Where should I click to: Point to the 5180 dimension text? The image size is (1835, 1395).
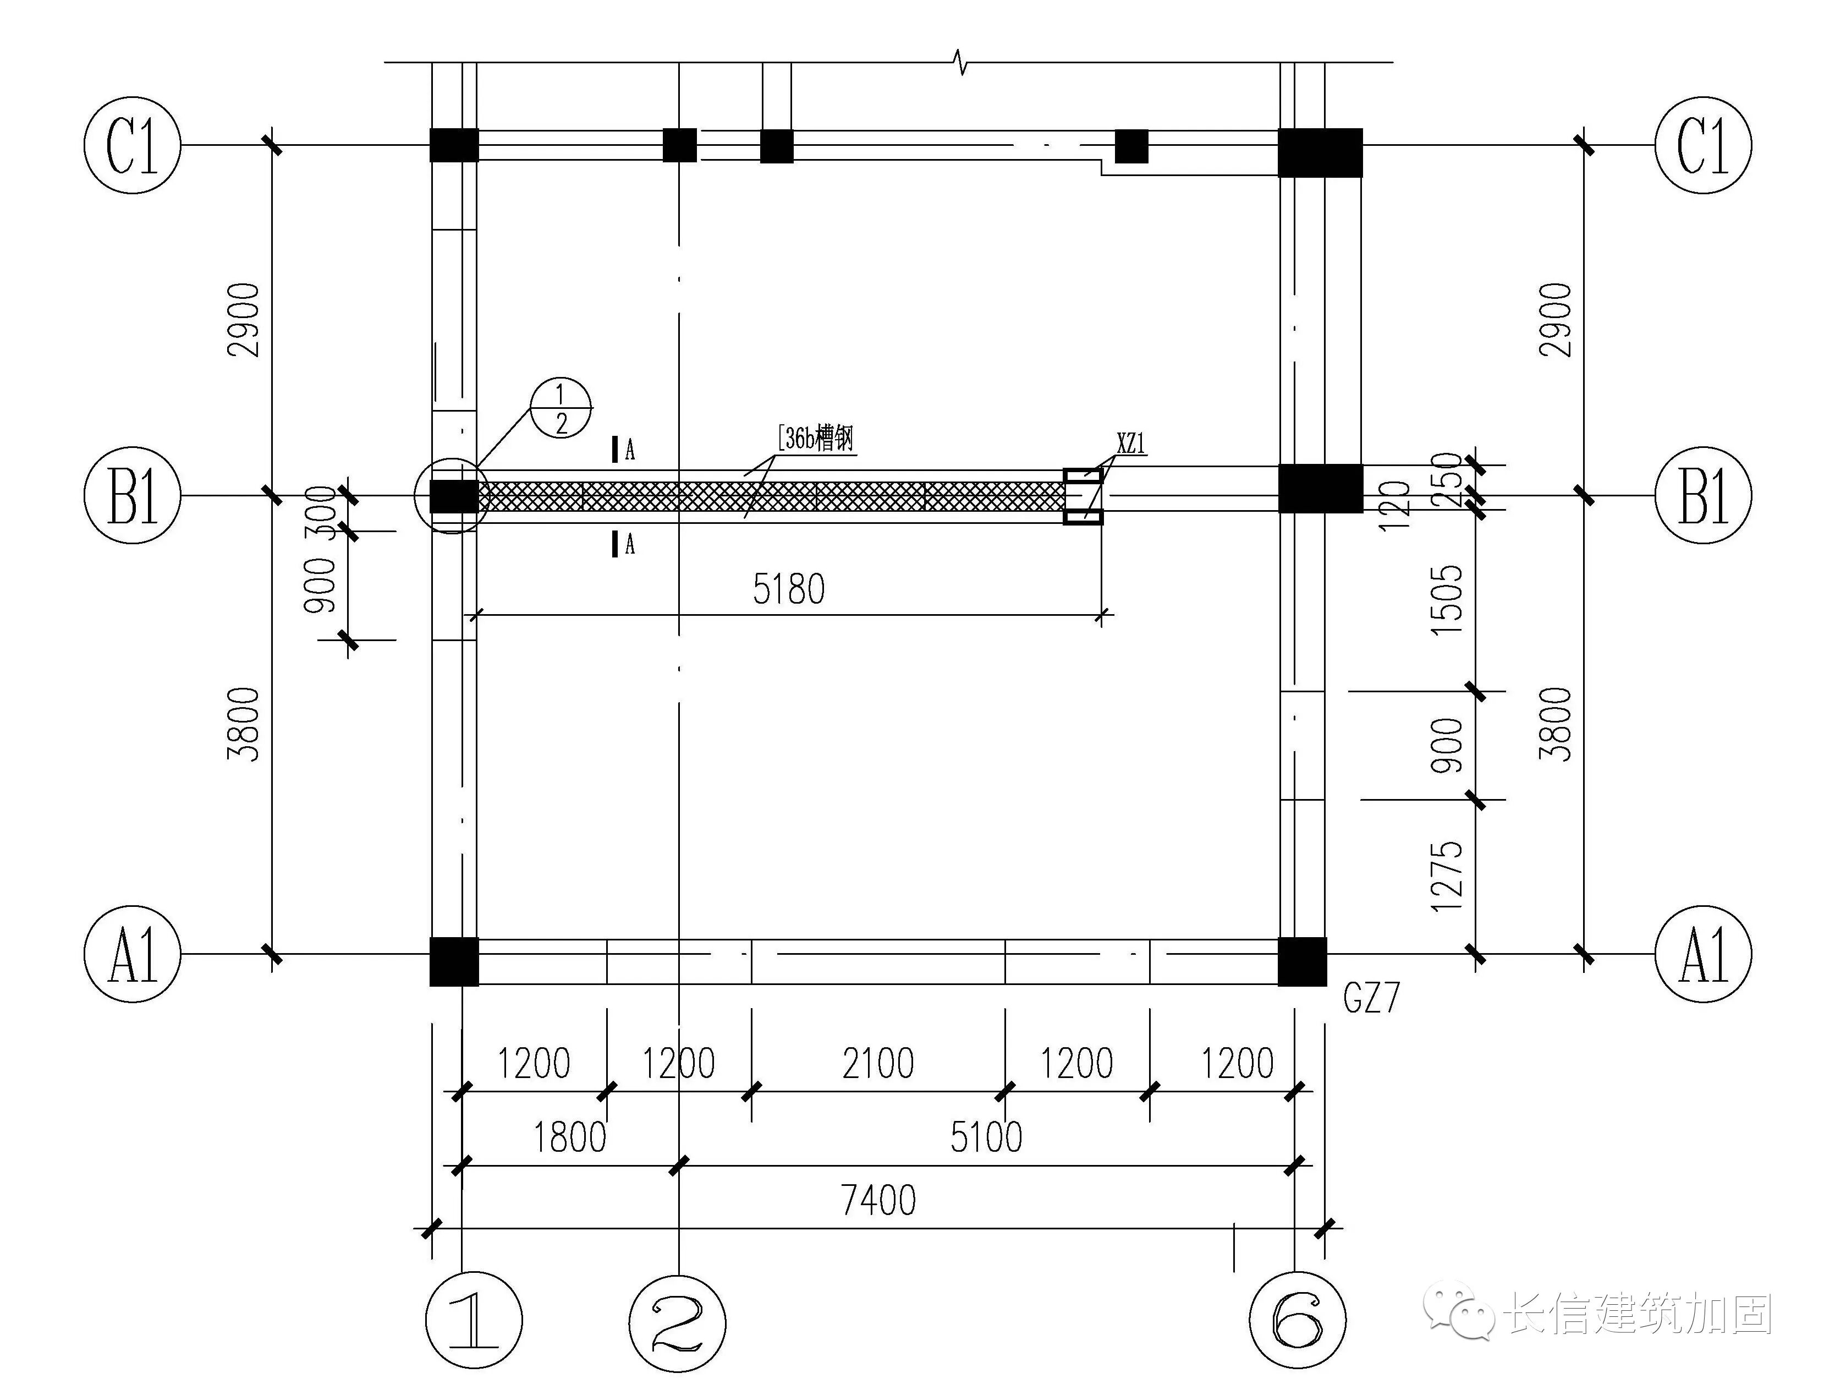point(788,589)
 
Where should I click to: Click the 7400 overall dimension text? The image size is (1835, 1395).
point(878,1200)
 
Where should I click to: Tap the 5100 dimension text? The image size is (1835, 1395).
point(986,1137)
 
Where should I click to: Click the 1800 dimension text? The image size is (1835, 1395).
point(569,1137)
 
